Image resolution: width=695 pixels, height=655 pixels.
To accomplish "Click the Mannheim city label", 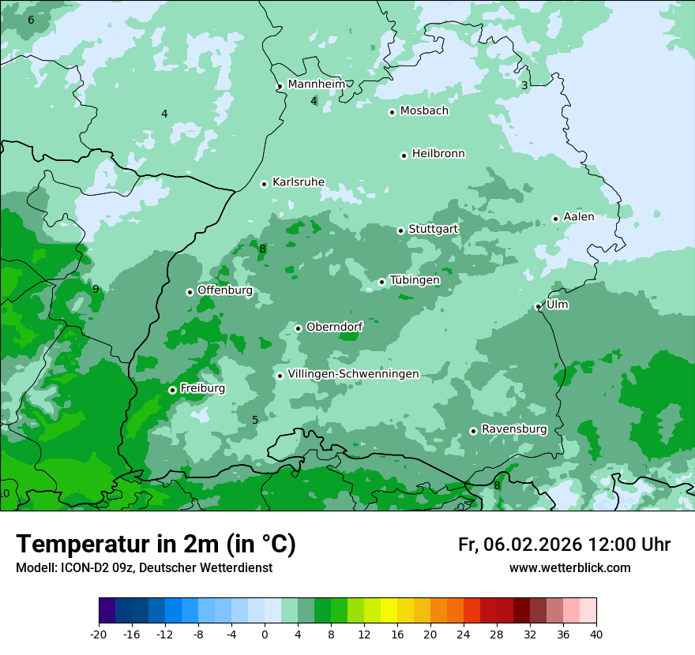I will coord(316,84).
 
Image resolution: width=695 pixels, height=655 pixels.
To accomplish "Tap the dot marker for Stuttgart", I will coord(401,230).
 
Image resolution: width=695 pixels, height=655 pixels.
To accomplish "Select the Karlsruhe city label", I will coord(298,182).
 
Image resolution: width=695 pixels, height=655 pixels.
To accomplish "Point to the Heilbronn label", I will coord(438,153).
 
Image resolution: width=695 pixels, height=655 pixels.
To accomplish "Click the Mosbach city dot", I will coord(392,112).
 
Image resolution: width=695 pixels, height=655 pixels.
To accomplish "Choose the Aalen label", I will coord(579,216).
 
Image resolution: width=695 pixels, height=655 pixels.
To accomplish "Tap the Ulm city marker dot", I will coord(539,306).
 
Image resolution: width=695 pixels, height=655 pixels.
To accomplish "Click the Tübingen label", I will coord(415,280).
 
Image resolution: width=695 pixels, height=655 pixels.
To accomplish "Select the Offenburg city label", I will coord(225,290).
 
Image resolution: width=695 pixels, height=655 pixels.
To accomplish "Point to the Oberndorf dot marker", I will coord(298,328).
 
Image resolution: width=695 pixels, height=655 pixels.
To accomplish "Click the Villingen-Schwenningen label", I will coord(353,374).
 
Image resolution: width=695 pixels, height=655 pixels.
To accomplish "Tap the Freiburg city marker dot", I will coord(172,390).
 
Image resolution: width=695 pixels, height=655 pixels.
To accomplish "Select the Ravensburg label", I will coord(514,429).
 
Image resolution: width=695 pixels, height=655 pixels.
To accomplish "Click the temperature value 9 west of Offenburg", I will coord(96,289).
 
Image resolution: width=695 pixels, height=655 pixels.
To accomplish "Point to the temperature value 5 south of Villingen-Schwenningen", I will coord(255,420).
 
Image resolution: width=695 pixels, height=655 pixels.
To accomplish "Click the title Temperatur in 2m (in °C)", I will coord(156,544).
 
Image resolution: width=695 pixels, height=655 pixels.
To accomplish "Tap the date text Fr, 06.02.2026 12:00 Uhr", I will coord(564,545).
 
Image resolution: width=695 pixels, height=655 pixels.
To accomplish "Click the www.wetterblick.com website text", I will coord(569,567).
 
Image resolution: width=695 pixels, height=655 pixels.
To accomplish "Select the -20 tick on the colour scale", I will coord(99,634).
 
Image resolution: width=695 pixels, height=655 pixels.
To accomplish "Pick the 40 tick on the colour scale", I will coord(595,634).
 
